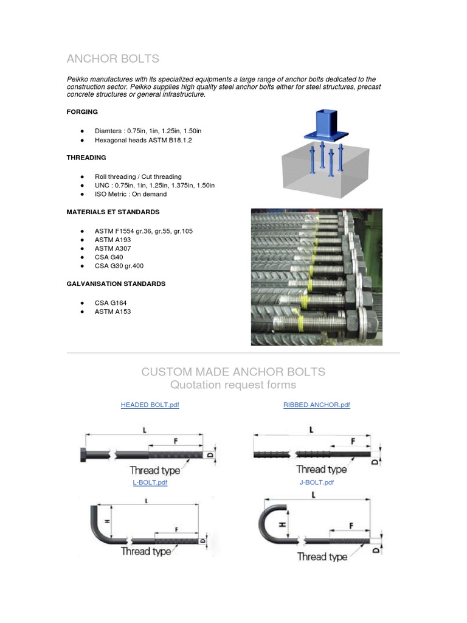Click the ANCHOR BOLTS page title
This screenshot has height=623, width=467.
click(x=112, y=58)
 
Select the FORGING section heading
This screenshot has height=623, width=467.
click(x=82, y=112)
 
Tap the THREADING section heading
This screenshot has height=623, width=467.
click(x=86, y=158)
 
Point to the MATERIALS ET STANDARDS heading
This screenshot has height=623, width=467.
click(x=113, y=212)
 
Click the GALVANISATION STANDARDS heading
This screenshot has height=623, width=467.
click(x=116, y=284)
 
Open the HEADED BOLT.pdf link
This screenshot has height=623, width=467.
click(x=150, y=405)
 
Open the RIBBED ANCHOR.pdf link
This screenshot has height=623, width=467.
click(x=317, y=405)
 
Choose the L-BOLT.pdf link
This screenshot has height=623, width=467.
click(x=150, y=482)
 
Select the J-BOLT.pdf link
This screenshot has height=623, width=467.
click(x=316, y=482)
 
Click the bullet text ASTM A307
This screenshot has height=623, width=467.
click(x=112, y=248)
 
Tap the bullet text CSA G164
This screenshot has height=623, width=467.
click(x=111, y=302)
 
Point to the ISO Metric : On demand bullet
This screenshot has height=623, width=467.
click(x=130, y=194)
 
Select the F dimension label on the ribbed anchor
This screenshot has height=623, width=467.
click(x=352, y=440)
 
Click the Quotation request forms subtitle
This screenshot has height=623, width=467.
click(x=233, y=385)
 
